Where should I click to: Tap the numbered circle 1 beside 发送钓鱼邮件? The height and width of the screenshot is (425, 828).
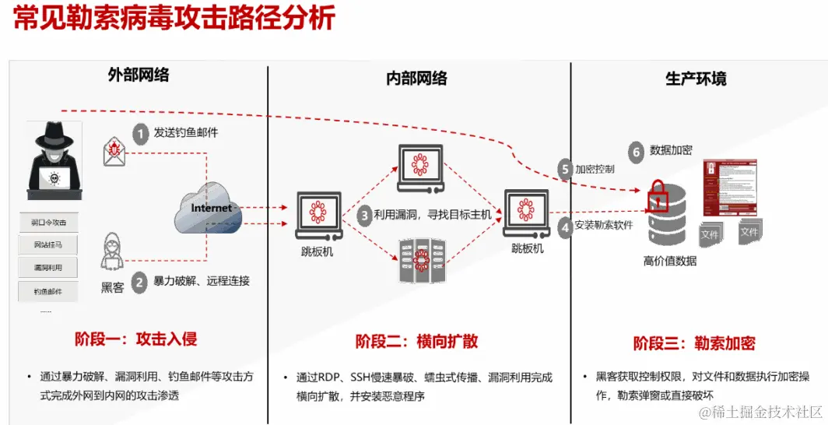[x=140, y=134]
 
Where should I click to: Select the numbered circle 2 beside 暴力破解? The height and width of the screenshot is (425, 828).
[x=139, y=282]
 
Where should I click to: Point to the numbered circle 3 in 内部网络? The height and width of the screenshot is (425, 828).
[x=364, y=215]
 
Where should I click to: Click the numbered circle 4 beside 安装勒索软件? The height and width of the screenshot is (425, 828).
[x=566, y=227]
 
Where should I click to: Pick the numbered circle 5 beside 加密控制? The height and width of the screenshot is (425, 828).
[x=566, y=168]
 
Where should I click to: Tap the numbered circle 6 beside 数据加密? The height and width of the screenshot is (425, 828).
[x=636, y=152]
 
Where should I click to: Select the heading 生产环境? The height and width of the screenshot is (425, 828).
[x=696, y=79]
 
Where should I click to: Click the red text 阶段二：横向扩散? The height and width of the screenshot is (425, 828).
[x=416, y=341]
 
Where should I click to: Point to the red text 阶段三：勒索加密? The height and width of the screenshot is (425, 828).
[x=693, y=343]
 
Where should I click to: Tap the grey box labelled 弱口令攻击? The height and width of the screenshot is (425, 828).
[x=49, y=223]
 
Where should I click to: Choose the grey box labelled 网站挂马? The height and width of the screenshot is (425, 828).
[x=49, y=245]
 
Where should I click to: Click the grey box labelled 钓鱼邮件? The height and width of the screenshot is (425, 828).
[x=49, y=292]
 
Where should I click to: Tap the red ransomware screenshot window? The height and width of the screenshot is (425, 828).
[x=729, y=188]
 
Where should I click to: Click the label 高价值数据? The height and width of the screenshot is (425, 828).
[x=670, y=261]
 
